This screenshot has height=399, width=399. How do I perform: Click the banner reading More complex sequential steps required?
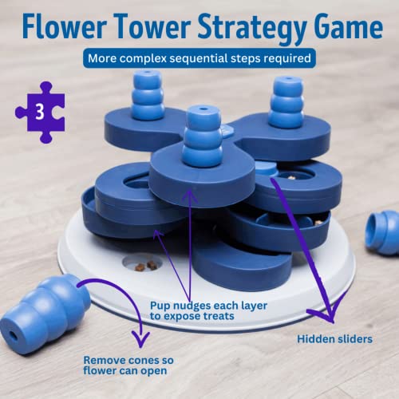200,58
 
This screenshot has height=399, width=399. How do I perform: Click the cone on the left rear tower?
148,95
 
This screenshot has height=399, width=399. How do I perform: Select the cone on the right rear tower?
286,104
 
